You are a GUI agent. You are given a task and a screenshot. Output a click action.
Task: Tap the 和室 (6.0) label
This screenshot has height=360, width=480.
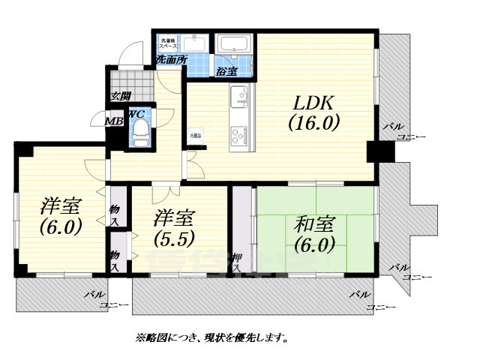coord(314,233)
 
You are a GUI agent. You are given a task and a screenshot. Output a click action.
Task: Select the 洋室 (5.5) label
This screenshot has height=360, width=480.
coord(175,229)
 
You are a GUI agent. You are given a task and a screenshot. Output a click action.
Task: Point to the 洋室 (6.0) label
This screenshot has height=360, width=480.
coord(61,215)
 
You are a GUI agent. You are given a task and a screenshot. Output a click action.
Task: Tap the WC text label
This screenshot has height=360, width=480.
coord(136,113)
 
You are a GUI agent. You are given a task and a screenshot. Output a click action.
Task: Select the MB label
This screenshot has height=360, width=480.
coord(113,120)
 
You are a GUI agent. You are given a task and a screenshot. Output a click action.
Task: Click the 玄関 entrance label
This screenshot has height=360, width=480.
coord(120,96)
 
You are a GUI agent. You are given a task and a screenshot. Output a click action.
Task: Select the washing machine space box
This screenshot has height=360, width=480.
coord(166,40)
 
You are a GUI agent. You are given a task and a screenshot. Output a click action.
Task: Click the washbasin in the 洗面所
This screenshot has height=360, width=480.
coord(196,42)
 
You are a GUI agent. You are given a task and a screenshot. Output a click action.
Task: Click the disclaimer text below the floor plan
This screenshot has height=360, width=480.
coord(212,338)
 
